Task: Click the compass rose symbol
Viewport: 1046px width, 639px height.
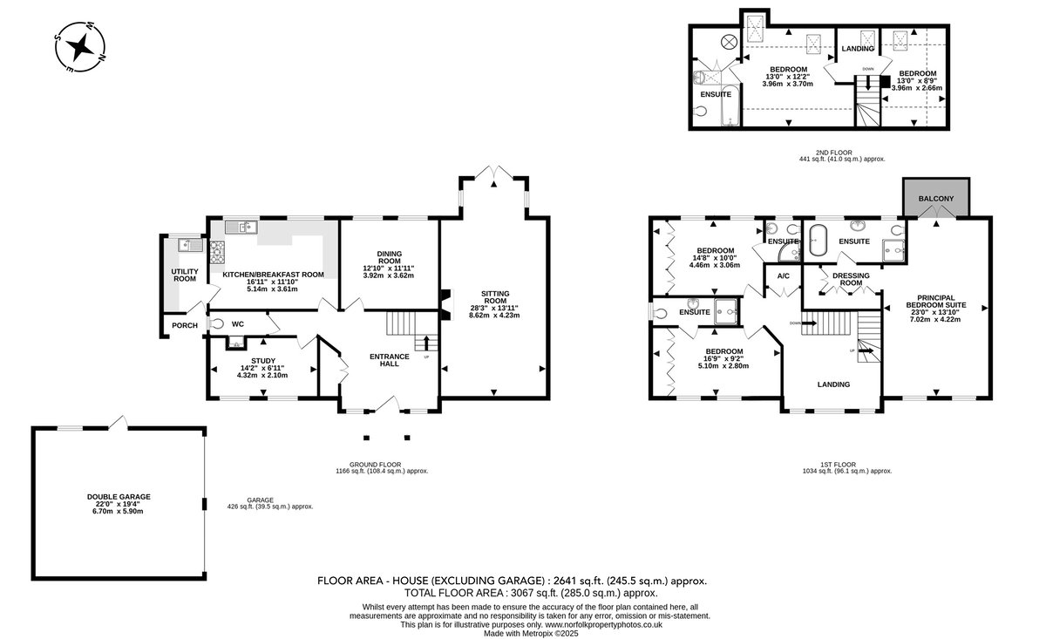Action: [80, 47]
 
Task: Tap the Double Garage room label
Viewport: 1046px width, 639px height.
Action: [119, 497]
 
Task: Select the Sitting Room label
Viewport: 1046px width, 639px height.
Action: [495, 297]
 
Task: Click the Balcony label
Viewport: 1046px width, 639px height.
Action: [936, 199]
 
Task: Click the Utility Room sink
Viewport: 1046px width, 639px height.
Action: [191, 245]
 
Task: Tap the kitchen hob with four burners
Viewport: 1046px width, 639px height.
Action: [217, 252]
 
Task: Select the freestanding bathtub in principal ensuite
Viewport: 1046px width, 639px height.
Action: [818, 240]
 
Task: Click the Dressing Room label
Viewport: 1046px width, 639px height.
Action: [851, 279]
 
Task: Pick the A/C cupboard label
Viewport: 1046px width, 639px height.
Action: [783, 276]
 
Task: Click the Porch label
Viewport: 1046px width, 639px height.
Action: [185, 325]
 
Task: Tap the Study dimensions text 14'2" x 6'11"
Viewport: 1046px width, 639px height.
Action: [262, 368]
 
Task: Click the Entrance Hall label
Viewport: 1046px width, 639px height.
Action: [390, 360]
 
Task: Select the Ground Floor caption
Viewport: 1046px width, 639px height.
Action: [376, 465]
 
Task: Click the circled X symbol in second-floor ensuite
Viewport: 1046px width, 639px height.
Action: [729, 42]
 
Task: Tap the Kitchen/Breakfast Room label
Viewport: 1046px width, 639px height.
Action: [273, 275]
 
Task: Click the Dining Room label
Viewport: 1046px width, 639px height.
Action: [389, 257]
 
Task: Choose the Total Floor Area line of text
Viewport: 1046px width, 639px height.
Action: [531, 593]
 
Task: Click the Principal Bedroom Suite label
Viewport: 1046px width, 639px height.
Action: [936, 302]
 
